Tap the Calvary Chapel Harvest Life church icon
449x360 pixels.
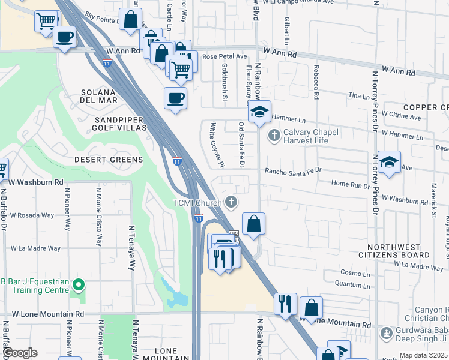click(x=274, y=136)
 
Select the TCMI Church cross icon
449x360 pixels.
click(x=231, y=202)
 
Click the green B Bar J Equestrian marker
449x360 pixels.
click(x=77, y=284)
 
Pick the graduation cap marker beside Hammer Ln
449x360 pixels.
click(x=259, y=112)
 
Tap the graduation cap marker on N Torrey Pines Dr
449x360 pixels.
click(x=389, y=162)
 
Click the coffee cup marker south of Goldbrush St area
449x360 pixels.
click(x=175, y=98)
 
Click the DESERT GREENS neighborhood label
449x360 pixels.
click(x=109, y=160)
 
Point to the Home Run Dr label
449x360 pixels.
click(x=351, y=185)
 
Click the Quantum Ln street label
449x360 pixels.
click(x=348, y=283)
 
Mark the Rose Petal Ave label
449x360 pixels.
click(x=225, y=56)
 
